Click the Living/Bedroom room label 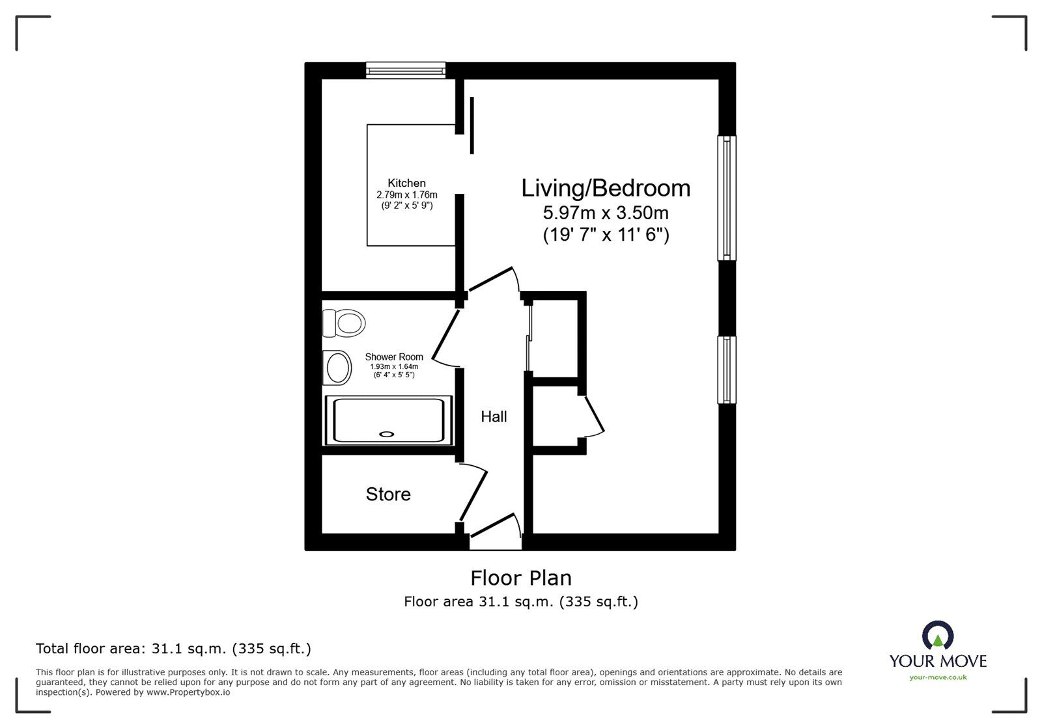tap(606, 188)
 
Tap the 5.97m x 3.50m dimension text tap(606, 213)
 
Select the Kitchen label tap(406, 183)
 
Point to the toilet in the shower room tap(345, 323)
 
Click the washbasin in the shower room tap(338, 368)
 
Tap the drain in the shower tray tap(387, 434)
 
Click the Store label tap(388, 494)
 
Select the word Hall tap(494, 417)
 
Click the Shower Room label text tap(394, 357)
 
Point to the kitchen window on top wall tap(405, 70)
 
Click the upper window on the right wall tap(727, 198)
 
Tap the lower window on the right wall tap(727, 370)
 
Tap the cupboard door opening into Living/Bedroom tap(594, 416)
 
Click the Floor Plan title tap(521, 578)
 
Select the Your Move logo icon tap(938, 636)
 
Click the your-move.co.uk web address tap(938, 677)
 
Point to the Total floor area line tap(173, 649)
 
